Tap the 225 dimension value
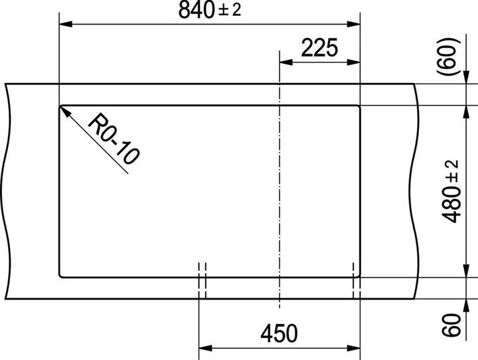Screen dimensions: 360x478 [319, 48]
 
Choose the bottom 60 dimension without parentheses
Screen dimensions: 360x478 [452, 326]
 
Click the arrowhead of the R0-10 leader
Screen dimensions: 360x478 [64, 110]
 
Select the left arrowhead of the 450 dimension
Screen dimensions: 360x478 [205, 347]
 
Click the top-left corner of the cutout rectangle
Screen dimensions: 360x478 [60, 106]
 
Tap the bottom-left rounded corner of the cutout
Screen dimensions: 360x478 [61, 274]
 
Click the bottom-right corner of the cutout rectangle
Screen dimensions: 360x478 [359, 275]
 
